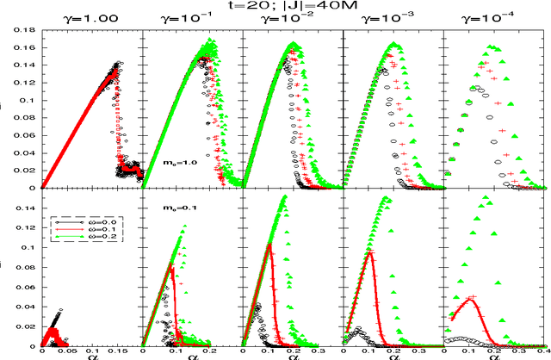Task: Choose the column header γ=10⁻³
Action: [392, 20]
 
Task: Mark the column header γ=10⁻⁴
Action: [493, 20]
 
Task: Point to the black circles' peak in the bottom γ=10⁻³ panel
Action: [359, 328]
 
